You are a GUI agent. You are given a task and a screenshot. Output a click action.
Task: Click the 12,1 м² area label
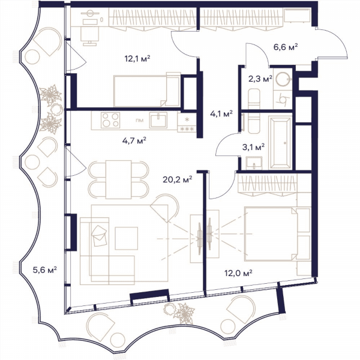(x=137, y=59)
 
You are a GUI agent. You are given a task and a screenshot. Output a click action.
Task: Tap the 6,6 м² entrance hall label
(x=286, y=47)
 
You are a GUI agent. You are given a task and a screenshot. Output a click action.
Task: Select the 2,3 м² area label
(x=260, y=79)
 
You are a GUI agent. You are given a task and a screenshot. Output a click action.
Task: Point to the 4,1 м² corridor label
(x=221, y=113)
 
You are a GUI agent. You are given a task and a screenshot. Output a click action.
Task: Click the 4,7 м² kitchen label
(x=134, y=140)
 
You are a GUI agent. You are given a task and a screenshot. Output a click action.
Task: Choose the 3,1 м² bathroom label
(x=253, y=147)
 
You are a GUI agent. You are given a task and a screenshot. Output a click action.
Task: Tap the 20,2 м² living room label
(x=177, y=179)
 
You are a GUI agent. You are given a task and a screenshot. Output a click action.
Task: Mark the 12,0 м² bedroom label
(x=238, y=273)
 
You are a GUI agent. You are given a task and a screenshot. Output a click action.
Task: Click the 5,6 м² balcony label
(x=45, y=270)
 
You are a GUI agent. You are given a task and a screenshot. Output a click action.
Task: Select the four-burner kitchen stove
(x=110, y=120)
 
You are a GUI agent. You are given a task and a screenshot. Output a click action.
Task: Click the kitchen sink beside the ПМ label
(x=158, y=120)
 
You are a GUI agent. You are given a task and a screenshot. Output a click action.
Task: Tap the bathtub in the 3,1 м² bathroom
(x=280, y=143)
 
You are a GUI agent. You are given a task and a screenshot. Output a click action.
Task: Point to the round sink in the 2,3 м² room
(x=283, y=79)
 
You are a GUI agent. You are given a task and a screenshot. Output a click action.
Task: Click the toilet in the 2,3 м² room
(x=254, y=99)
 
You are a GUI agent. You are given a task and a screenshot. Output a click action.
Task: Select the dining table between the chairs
(x=118, y=179)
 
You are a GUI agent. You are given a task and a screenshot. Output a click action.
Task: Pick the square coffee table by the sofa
(x=127, y=238)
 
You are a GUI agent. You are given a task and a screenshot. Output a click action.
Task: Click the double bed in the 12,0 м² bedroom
(x=271, y=234)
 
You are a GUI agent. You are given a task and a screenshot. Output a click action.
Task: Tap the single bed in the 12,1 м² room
(x=147, y=91)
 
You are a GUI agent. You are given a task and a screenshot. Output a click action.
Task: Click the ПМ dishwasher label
(x=140, y=120)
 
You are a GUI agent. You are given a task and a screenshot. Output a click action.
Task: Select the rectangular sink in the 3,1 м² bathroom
(x=254, y=163)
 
